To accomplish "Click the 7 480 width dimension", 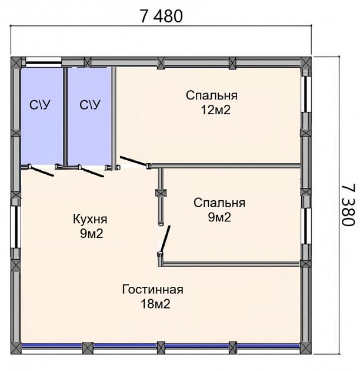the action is coord(161,16).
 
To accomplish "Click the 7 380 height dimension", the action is coord(348,205).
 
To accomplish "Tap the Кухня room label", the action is coord(90,219).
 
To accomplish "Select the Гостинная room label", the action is coord(153,289).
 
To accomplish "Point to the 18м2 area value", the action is coord(155,304).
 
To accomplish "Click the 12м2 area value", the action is coord(215,110).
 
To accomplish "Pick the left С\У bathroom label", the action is coord(40,105).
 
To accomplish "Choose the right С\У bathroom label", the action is coord(90,105).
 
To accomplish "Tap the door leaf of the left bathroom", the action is coord(42,171).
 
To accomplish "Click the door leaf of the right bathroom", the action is coord(92,171).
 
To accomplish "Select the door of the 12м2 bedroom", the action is coord(134,161).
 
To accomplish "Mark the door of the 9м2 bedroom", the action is coord(165,238).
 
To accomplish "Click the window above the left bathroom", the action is coord(44,62).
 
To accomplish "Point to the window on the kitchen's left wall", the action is coord(16,227).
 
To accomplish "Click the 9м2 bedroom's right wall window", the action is coord(306,226).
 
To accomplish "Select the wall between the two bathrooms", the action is coord(65,117).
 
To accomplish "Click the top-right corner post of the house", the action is coord(305,62).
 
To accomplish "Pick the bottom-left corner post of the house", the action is coord(16,349).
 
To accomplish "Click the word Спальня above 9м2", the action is coord(219,203).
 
